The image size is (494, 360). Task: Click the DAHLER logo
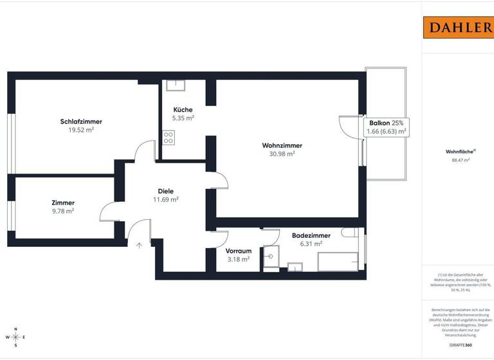pyautogui.click(x=457, y=27)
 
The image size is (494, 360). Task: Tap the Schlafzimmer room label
pyautogui.click(x=81, y=122)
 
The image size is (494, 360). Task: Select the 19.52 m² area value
pyautogui.click(x=81, y=130)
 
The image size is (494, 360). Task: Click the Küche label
pyautogui.click(x=183, y=110)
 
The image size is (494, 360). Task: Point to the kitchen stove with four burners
pyautogui.click(x=169, y=138)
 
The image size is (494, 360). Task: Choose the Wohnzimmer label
pyautogui.click(x=282, y=145)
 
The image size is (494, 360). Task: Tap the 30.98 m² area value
pyautogui.click(x=282, y=154)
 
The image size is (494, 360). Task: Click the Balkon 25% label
pyautogui.click(x=386, y=123)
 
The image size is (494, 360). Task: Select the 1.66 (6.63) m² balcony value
pyautogui.click(x=386, y=132)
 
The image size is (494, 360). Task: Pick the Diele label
pyautogui.click(x=166, y=191)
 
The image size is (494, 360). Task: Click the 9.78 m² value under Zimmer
pyautogui.click(x=62, y=211)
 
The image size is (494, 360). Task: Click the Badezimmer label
pyautogui.click(x=311, y=235)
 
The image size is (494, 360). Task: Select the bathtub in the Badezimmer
pyautogui.click(x=337, y=262)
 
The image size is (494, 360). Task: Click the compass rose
pyautogui.click(x=17, y=336)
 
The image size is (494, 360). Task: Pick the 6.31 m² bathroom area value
pyautogui.click(x=311, y=244)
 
